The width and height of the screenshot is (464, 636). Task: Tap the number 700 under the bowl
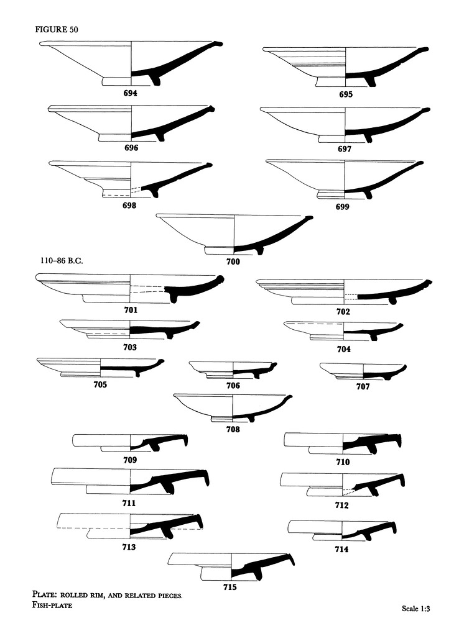click(233, 261)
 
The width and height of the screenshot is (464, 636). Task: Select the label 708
click(232, 429)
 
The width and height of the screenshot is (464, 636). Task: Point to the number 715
click(230, 585)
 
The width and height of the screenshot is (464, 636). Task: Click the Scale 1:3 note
click(416, 609)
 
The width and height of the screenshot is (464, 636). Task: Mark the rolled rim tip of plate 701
click(220, 280)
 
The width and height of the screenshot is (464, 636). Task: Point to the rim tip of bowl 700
click(310, 218)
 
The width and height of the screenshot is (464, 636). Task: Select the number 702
click(341, 311)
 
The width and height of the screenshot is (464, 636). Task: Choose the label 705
click(100, 384)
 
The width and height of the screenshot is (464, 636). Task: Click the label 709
click(130, 460)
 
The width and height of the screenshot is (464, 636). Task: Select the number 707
click(363, 386)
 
